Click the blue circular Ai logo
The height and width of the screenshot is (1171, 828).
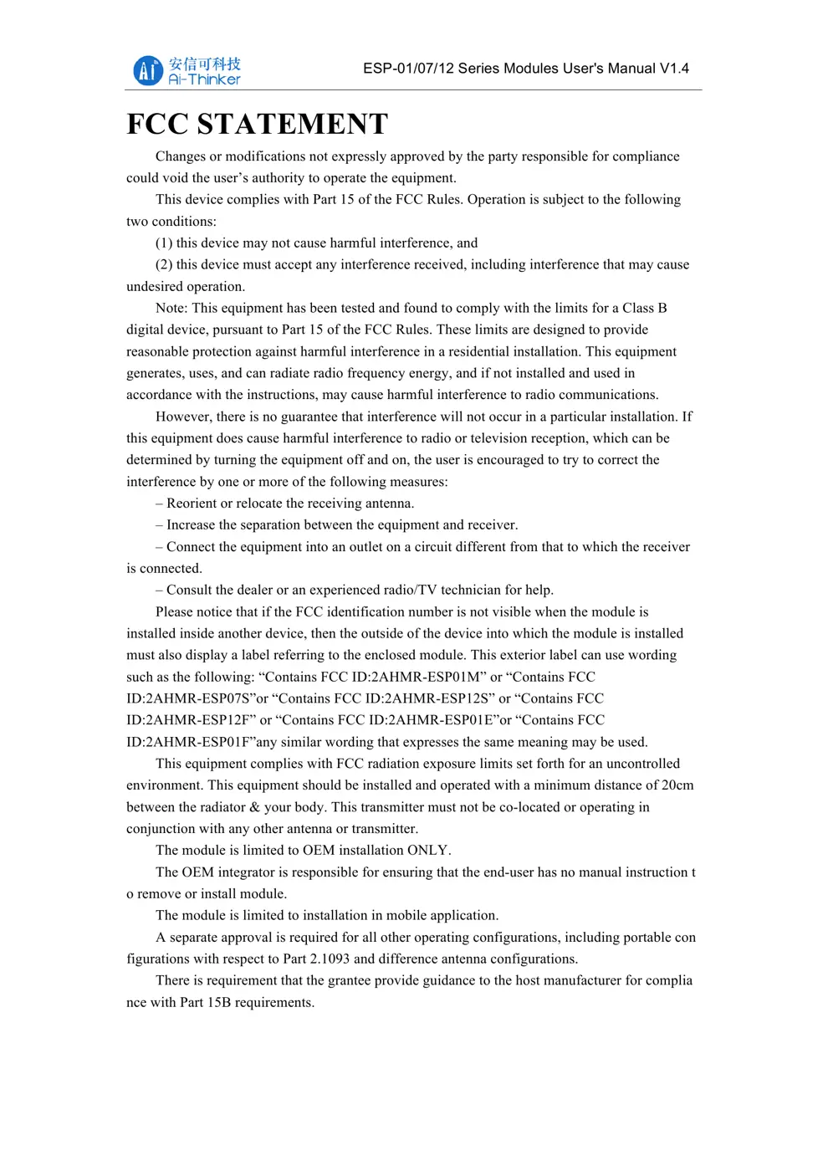tap(147, 70)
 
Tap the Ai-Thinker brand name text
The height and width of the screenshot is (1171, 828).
tap(204, 79)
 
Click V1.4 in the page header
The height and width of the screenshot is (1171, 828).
tap(674, 69)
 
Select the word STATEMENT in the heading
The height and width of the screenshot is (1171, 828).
tap(293, 124)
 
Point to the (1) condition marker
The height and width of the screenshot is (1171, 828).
tap(164, 243)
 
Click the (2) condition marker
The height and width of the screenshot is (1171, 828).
tap(164, 265)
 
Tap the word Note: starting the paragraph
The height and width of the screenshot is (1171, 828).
tap(171, 309)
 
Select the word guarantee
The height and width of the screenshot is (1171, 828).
tap(310, 417)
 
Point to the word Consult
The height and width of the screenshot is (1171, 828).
tap(190, 591)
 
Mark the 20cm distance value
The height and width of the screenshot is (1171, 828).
tap(677, 785)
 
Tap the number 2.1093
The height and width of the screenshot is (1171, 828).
tap(330, 959)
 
